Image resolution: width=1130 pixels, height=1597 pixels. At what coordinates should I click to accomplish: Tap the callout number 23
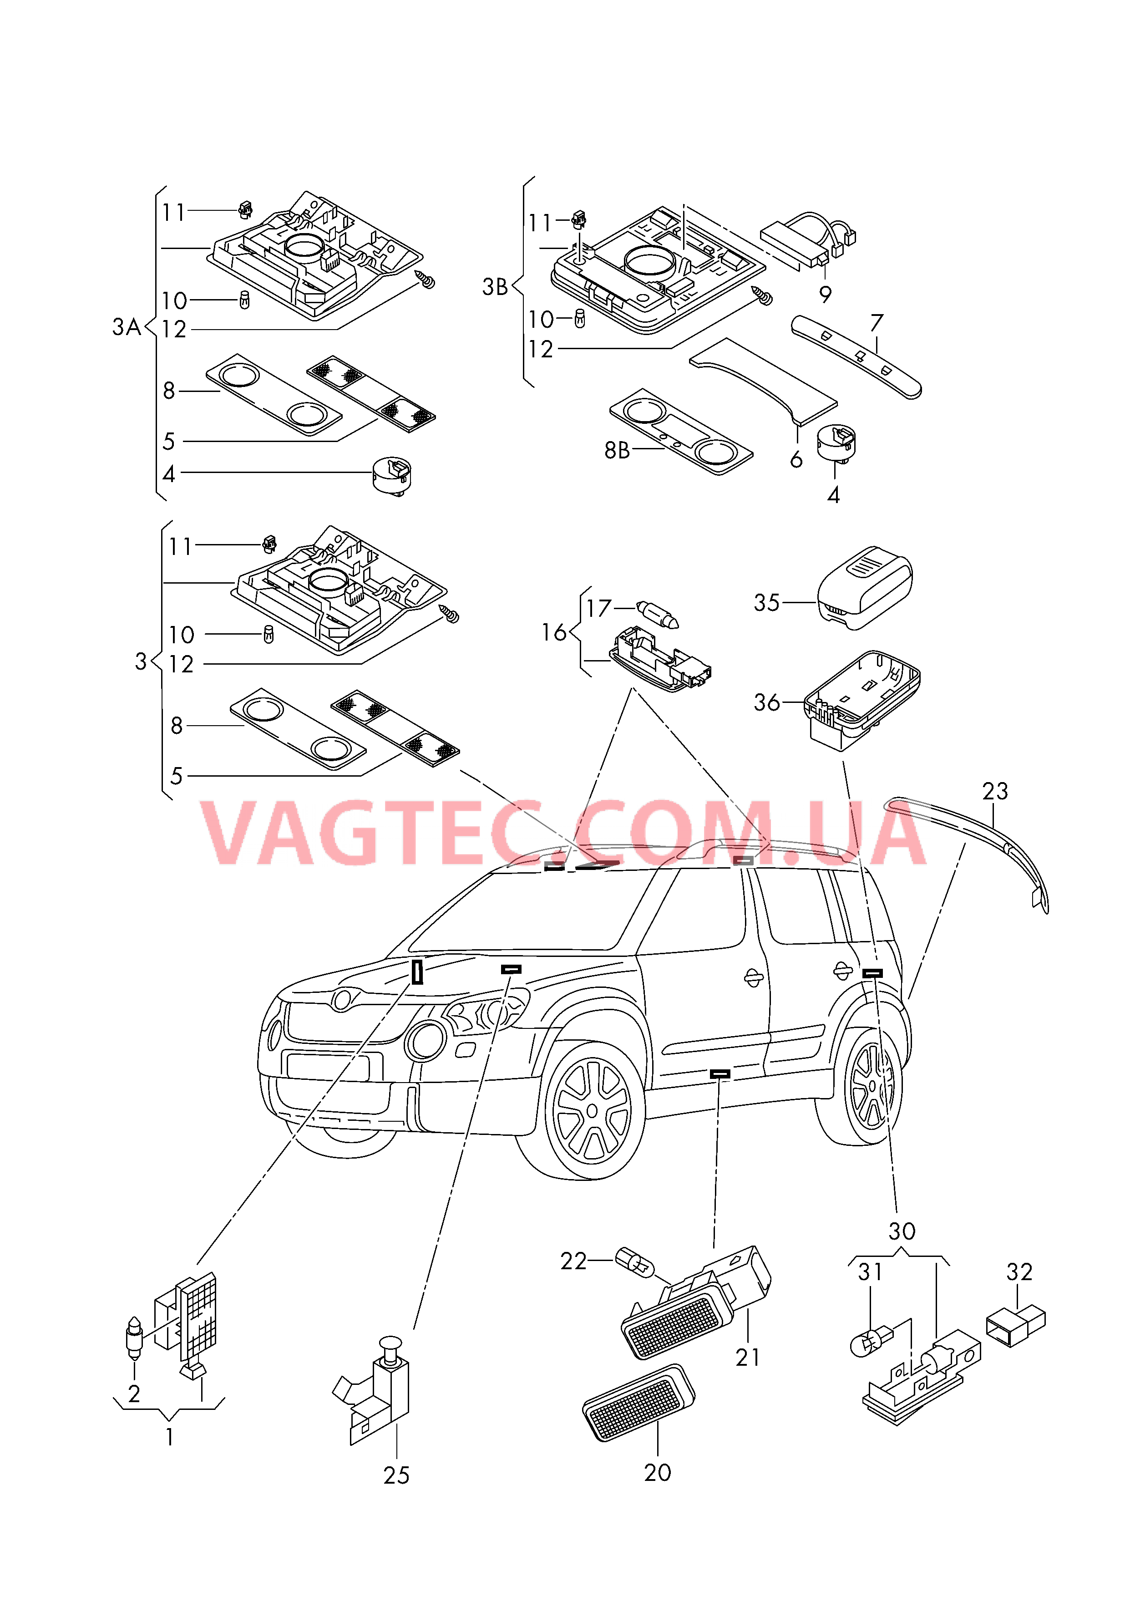[x=994, y=791]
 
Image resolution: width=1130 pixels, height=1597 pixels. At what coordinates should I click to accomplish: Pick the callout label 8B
[x=617, y=451]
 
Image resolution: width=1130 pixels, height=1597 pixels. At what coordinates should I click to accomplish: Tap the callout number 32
[x=1019, y=1272]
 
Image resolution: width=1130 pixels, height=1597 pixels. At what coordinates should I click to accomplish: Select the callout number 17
[x=598, y=609]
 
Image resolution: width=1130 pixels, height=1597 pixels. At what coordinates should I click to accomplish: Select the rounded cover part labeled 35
[x=865, y=589]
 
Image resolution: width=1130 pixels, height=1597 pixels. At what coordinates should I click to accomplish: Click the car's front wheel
[x=593, y=1111]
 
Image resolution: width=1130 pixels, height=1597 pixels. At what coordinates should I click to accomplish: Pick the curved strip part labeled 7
[x=856, y=356]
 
